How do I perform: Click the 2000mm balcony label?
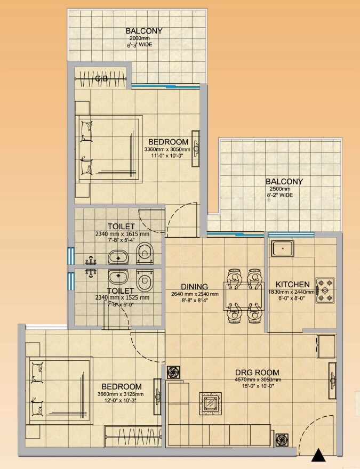tap(143, 31)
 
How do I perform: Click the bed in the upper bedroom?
tap(109, 149)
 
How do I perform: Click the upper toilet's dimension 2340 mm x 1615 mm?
tap(122, 233)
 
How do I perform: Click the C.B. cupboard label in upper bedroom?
tap(101, 79)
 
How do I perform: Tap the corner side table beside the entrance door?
tap(282, 440)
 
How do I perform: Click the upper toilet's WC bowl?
tap(144, 254)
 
